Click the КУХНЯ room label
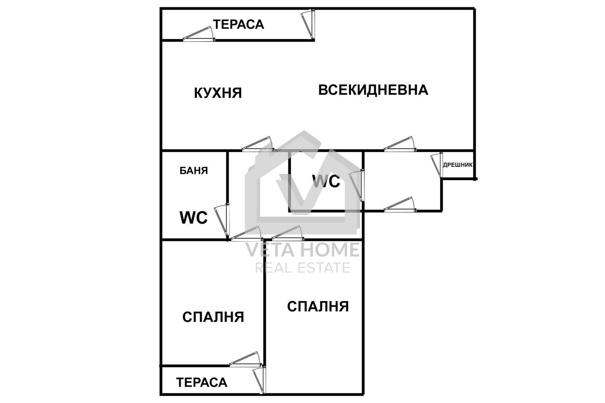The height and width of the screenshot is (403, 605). point(218,93)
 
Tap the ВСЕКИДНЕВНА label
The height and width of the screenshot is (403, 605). point(373,89)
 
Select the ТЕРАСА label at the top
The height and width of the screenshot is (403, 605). point(238,25)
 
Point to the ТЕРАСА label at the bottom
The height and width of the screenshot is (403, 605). point(202,382)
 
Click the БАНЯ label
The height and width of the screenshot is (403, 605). point(194,171)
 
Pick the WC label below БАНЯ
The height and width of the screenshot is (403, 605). point(194,218)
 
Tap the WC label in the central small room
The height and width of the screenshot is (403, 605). point(326,182)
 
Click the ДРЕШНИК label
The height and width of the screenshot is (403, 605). point(458,165)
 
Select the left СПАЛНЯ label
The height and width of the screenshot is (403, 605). point(213,317)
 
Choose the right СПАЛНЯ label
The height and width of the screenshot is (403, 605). point(318,307)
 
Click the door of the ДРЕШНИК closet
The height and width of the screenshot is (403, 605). point(437,165)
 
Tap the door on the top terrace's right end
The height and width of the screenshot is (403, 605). point(308,25)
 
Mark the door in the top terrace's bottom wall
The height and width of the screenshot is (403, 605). point(198,35)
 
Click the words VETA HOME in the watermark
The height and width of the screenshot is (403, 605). point(302,250)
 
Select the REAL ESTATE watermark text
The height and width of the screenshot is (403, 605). point(302,268)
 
